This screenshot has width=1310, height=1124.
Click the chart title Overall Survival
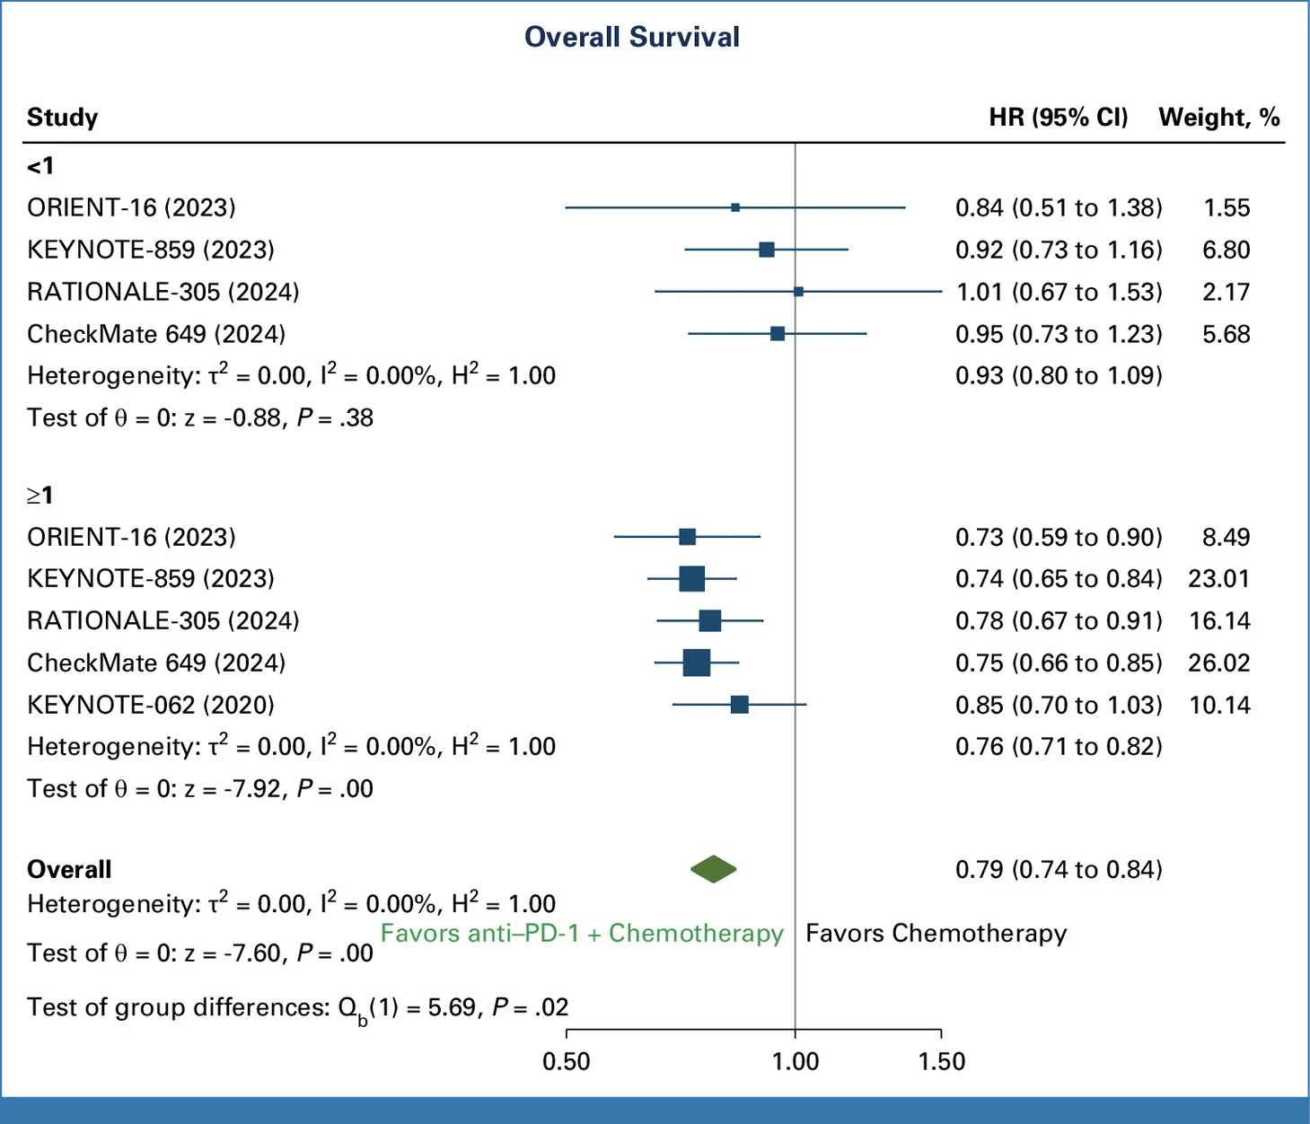631,37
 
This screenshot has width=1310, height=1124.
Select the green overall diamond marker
714,869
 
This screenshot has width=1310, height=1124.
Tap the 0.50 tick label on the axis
567,1061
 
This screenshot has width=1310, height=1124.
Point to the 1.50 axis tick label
941,1061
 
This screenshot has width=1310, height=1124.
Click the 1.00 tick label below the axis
796,1061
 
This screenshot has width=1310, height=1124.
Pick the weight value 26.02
1218,663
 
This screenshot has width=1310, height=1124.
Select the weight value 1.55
1226,207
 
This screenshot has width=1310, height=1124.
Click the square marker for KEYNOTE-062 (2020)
739,705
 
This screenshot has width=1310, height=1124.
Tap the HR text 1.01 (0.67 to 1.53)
1059,292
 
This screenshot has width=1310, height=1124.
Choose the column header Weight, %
1218,118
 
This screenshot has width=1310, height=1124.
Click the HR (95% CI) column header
1059,118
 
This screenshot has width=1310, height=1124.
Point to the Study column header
62,118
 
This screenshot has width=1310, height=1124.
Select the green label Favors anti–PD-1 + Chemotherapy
582,934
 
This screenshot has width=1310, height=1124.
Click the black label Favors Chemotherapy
936,934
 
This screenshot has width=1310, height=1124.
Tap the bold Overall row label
69,869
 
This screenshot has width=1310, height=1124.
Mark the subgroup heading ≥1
40,495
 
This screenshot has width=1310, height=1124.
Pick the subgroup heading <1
40,166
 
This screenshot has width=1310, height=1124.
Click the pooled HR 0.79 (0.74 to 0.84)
1059,869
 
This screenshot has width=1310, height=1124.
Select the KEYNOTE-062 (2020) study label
151,705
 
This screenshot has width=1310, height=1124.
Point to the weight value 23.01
1218,578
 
